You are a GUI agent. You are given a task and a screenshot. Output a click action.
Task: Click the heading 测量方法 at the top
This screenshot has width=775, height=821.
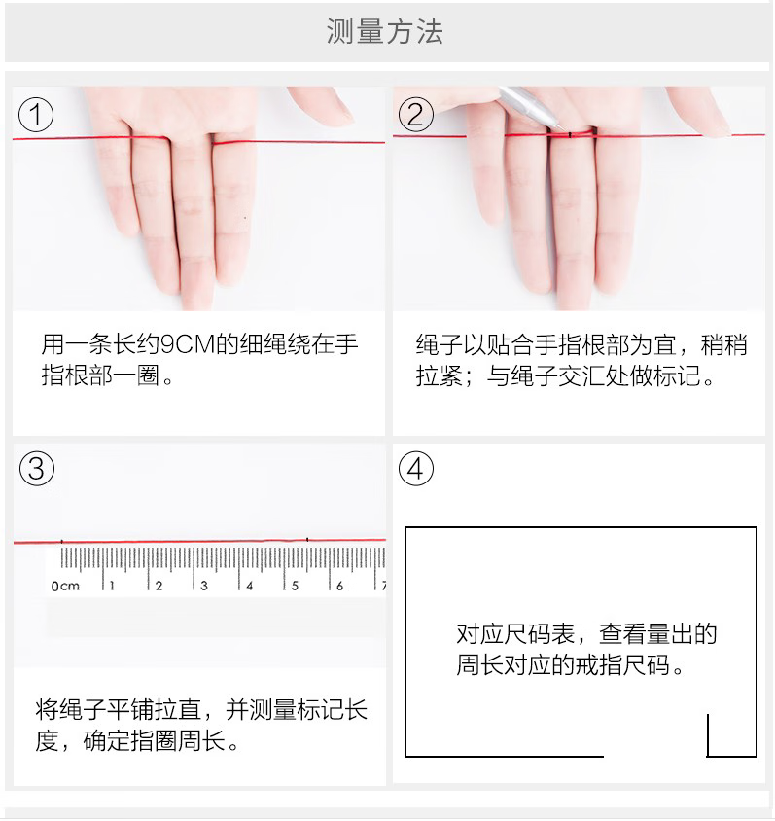[385, 31]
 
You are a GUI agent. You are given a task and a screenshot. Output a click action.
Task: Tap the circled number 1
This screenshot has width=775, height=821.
[36, 115]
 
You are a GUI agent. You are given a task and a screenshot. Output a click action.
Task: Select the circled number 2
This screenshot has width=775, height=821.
[416, 114]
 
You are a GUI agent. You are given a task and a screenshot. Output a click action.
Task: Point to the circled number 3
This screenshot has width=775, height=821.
[37, 468]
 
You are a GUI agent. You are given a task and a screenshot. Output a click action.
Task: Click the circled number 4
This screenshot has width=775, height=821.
[416, 468]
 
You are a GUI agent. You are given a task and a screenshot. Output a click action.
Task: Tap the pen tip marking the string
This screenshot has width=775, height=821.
[563, 129]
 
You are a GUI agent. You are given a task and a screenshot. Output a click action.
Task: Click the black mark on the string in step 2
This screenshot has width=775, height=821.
[570, 135]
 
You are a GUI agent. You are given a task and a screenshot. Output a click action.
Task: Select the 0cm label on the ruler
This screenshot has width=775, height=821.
[65, 586]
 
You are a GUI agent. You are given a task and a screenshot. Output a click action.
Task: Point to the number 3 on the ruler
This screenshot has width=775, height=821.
[204, 586]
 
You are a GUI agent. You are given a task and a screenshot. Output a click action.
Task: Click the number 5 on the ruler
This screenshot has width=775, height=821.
[296, 586]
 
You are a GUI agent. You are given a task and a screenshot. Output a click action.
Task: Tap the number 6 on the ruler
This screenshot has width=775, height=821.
[340, 586]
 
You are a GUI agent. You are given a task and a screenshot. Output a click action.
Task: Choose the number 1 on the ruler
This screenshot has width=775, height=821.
[113, 586]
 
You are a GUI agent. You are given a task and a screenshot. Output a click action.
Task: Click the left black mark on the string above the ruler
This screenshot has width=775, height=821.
[62, 542]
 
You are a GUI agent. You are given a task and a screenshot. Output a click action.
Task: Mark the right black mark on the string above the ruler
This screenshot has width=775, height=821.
[307, 539]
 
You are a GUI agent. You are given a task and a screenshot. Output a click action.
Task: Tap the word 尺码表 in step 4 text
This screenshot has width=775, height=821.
[540, 634]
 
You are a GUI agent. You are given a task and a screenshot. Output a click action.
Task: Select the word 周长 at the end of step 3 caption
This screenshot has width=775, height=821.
[201, 741]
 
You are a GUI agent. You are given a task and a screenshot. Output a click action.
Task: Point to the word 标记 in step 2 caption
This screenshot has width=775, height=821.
[676, 375]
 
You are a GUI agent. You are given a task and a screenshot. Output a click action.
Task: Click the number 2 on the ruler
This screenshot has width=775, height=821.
[159, 586]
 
